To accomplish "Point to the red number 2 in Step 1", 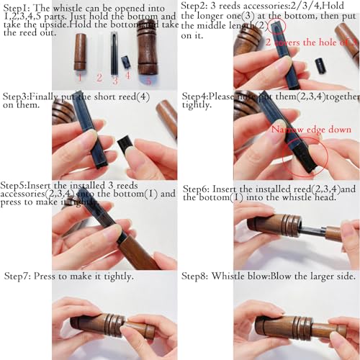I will click(99, 77).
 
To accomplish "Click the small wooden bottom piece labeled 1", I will click(80, 52).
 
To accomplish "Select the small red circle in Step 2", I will click(276, 27).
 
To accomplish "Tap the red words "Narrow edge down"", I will click(302, 130).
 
